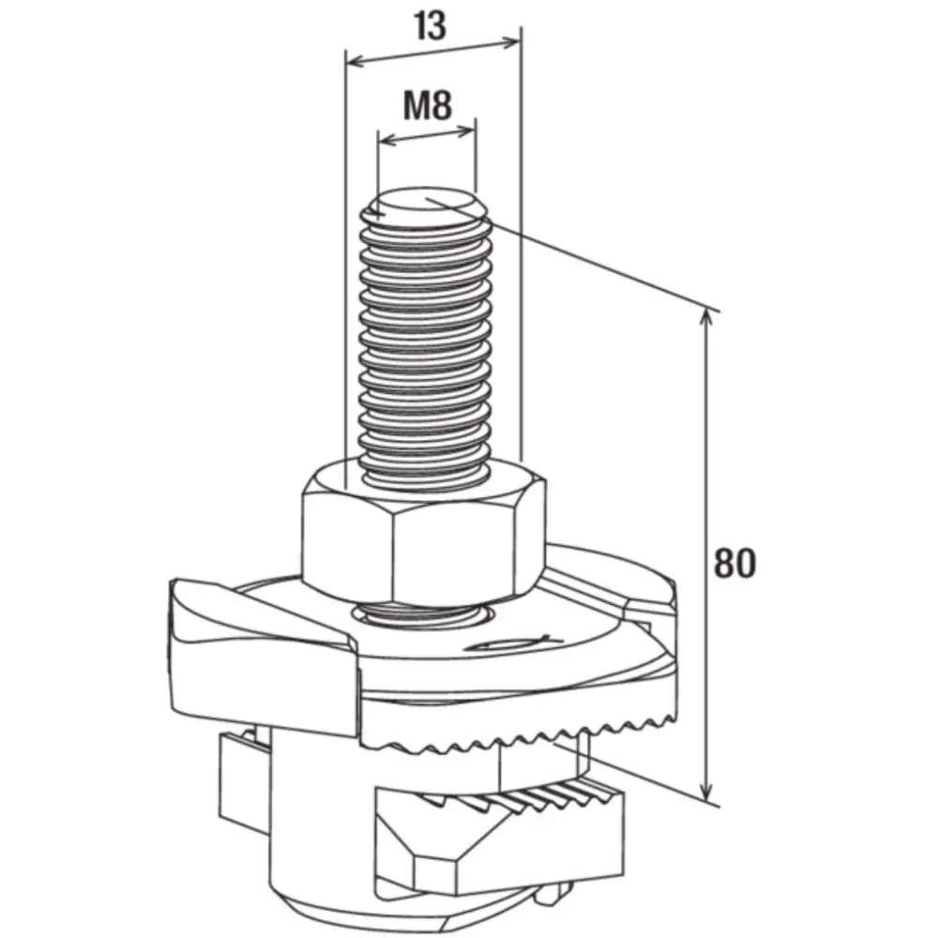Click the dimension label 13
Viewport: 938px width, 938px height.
pos(430,26)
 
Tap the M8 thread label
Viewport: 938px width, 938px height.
pos(427,105)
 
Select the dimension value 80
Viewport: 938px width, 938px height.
pos(734,563)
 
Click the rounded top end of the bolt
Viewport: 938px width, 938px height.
pos(425,206)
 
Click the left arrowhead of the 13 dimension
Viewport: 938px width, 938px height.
pos(356,62)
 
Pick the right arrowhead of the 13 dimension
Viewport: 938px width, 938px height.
pos(511,42)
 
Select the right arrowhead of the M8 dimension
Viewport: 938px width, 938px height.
pos(466,129)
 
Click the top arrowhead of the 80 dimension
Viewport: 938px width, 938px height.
pos(706,319)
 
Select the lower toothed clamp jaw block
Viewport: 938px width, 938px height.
pos(500,838)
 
